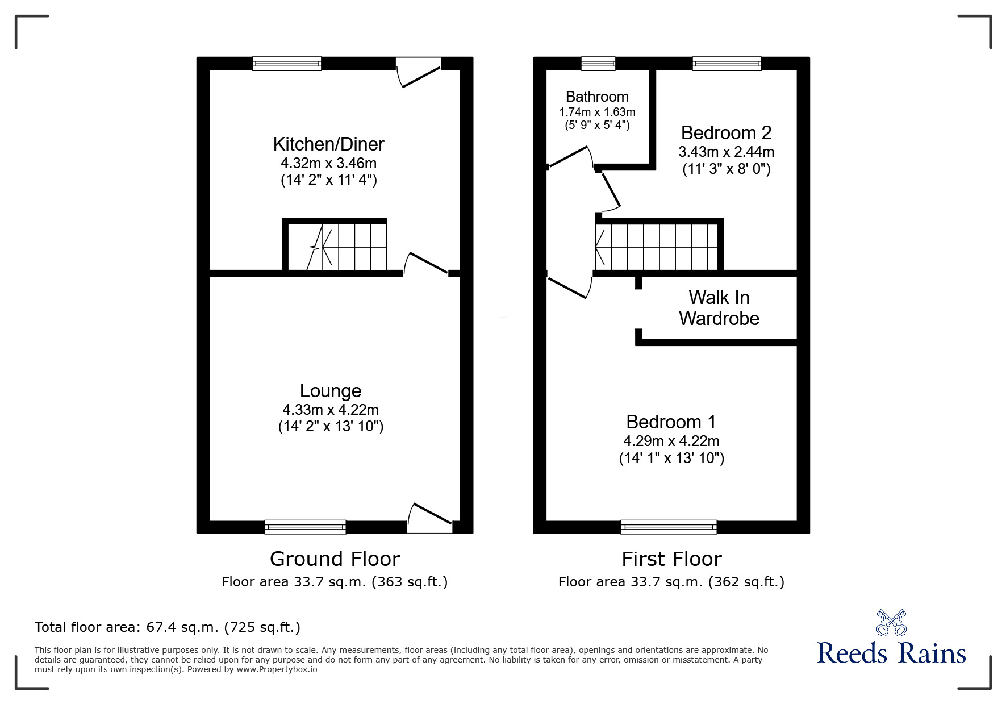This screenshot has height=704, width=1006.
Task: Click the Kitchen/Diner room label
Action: pyautogui.click(x=328, y=144)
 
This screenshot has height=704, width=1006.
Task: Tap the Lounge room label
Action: pyautogui.click(x=331, y=391)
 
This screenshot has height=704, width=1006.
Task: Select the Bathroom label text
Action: pyautogui.click(x=597, y=97)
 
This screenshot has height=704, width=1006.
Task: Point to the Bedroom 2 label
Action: pyautogui.click(x=726, y=133)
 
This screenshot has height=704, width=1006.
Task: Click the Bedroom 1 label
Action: pyautogui.click(x=671, y=422)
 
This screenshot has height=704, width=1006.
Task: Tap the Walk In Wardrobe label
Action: pyautogui.click(x=719, y=308)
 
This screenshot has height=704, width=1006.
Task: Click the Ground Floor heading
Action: pyautogui.click(x=335, y=559)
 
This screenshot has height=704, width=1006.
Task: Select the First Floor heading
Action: pyautogui.click(x=671, y=559)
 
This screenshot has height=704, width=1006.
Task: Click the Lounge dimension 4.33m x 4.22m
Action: pyautogui.click(x=331, y=410)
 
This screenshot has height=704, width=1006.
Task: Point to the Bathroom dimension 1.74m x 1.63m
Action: pyautogui.click(x=597, y=112)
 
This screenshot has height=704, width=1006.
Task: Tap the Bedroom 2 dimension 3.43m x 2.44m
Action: pyautogui.click(x=726, y=152)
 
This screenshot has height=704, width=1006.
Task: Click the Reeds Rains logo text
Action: pyautogui.click(x=891, y=653)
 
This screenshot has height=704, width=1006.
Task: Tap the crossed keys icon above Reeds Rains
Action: pyautogui.click(x=891, y=622)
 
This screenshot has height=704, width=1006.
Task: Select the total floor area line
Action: pyautogui.click(x=168, y=627)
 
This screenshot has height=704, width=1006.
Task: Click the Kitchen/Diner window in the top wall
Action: pyautogui.click(x=287, y=64)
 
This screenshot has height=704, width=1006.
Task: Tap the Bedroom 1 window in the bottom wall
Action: pyautogui.click(x=669, y=527)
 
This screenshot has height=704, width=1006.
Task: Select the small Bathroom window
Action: pyautogui.click(x=598, y=64)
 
